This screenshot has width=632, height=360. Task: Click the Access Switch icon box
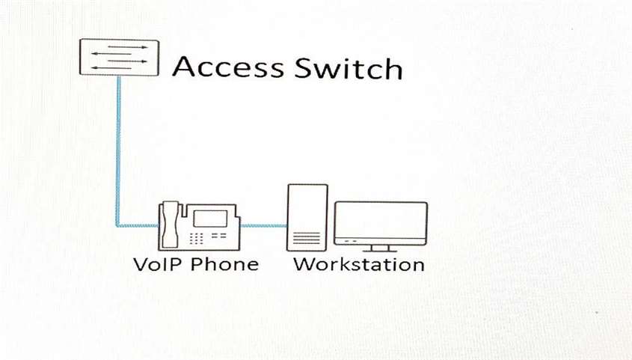[x=120, y=57]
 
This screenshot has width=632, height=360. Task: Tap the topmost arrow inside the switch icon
[x=127, y=47]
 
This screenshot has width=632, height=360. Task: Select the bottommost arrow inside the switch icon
[x=111, y=67]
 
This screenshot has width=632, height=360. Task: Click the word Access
[x=228, y=67]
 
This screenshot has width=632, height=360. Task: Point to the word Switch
[x=349, y=68]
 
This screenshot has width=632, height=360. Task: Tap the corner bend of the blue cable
[x=118, y=225]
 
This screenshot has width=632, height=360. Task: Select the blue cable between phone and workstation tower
[x=263, y=225]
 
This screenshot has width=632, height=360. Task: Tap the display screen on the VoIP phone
[x=210, y=218]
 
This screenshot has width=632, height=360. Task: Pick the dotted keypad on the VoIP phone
[x=196, y=238]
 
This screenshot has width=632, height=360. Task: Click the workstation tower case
[x=307, y=218]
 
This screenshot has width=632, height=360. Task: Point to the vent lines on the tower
[x=307, y=238]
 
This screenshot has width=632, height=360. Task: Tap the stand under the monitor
[x=380, y=248]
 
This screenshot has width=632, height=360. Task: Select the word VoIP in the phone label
[x=159, y=264]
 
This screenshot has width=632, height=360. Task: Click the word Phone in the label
[x=224, y=264]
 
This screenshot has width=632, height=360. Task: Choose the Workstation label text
[x=359, y=264]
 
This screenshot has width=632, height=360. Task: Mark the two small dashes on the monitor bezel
[x=350, y=241]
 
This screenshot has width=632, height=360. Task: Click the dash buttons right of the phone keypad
[x=219, y=236]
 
